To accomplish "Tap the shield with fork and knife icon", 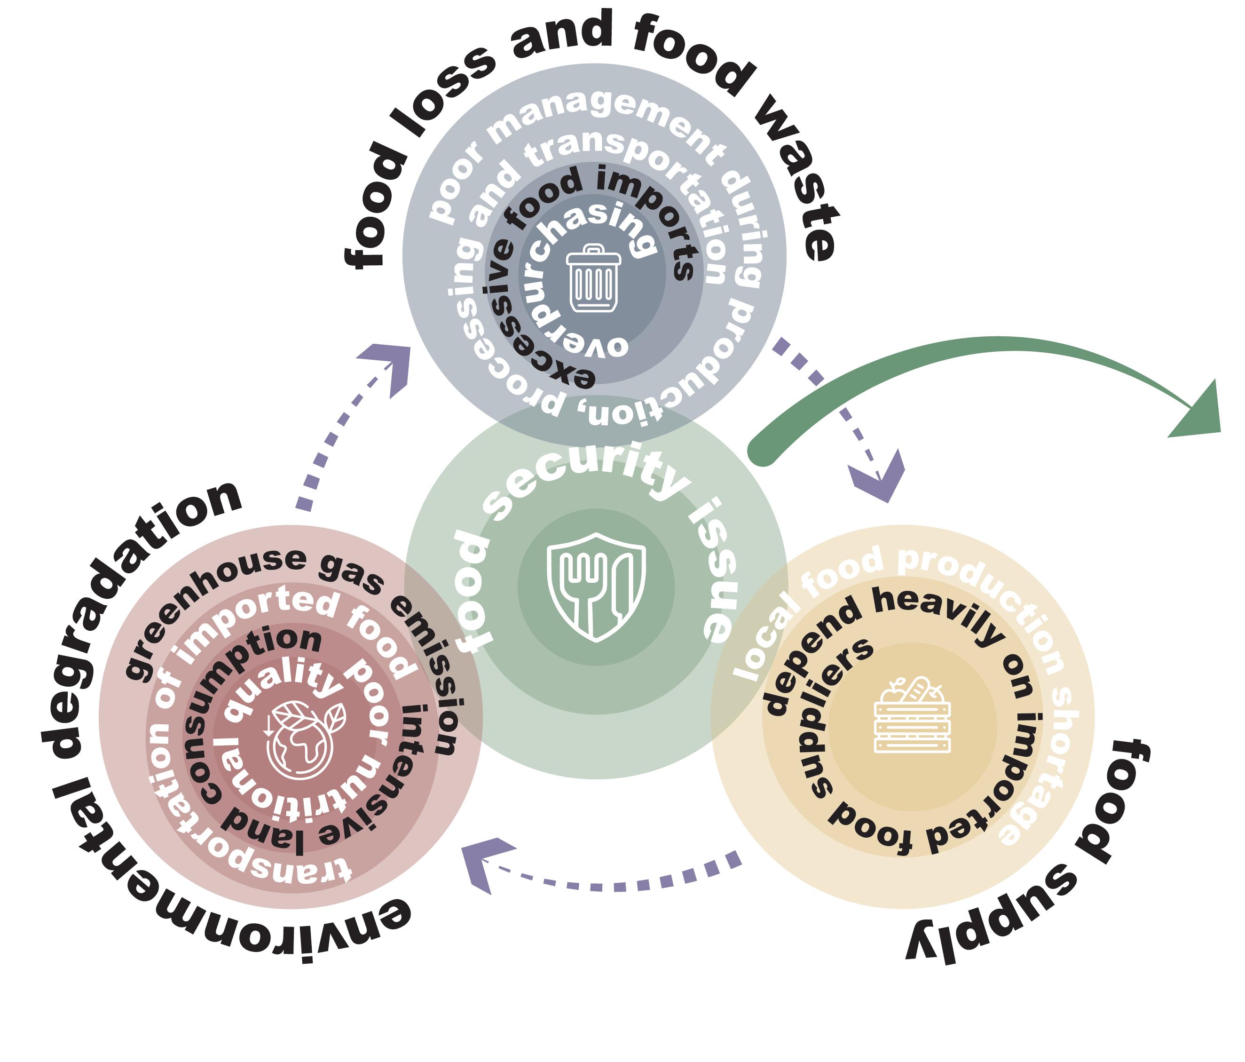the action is [596, 586].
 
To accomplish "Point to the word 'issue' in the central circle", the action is [715, 577].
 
